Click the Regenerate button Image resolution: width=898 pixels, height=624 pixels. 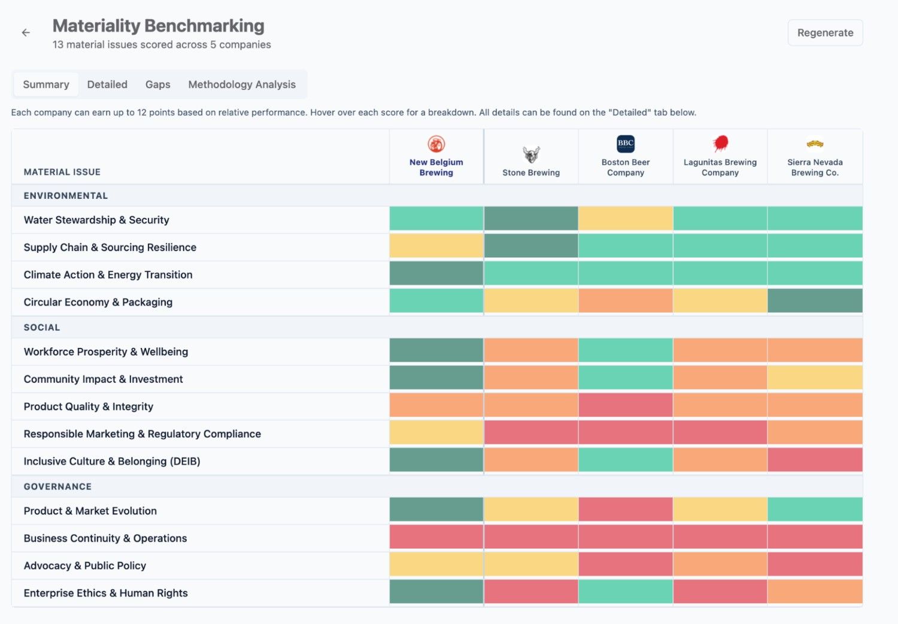tap(825, 32)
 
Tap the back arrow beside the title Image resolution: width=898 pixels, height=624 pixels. tap(26, 32)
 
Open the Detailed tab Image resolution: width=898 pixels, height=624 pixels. tap(107, 84)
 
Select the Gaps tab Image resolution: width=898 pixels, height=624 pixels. tap(157, 84)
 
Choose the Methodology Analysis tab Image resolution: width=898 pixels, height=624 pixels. tap(242, 84)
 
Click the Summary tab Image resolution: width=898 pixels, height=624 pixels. tap(46, 84)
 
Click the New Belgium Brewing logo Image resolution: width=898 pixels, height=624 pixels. tap(436, 144)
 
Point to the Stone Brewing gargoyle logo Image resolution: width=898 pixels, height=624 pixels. tap(531, 155)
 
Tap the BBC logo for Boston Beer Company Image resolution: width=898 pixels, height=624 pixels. tap(626, 144)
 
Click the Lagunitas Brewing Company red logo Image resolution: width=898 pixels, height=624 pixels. tap(720, 144)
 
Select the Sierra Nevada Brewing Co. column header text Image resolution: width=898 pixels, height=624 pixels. tap(815, 167)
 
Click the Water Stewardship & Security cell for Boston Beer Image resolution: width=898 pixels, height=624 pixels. tap(626, 219)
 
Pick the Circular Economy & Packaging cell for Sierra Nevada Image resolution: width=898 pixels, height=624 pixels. tap(815, 301)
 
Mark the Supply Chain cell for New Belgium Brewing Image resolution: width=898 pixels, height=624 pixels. tap(436, 246)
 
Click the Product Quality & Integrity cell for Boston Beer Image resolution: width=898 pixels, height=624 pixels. tap(626, 405)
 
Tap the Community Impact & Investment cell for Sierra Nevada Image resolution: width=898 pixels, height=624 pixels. tap(815, 378)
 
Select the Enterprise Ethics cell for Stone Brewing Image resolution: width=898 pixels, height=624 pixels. tap(531, 592)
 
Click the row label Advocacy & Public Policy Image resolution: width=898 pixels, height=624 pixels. tap(84, 565)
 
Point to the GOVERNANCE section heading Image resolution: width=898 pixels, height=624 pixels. tap(57, 486)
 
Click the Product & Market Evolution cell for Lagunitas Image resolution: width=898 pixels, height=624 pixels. tap(720, 509)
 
